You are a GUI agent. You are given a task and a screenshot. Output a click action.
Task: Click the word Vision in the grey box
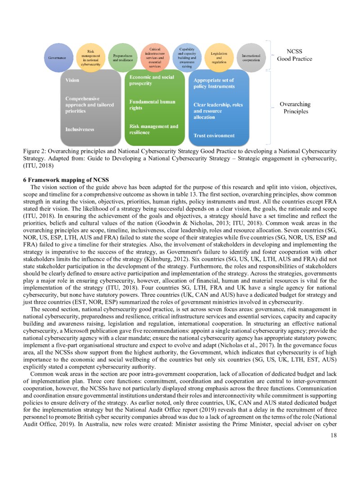(x=72, y=80)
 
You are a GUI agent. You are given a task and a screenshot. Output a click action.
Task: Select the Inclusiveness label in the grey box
(x=80, y=129)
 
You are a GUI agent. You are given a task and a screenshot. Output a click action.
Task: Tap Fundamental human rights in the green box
(x=152, y=104)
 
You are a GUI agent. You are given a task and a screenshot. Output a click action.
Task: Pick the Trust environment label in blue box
(x=214, y=135)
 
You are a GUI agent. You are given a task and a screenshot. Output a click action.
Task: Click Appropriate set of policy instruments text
(x=214, y=83)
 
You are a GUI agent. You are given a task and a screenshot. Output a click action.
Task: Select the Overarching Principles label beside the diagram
(x=295, y=108)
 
